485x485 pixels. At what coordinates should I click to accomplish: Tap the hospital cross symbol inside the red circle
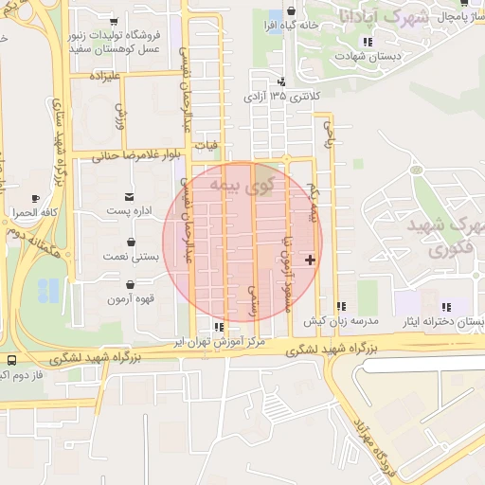click(310, 259)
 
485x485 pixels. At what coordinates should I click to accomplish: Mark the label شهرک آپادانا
click(383, 17)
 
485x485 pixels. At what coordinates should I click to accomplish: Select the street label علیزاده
click(103, 74)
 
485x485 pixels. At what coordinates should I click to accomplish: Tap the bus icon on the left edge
click(10, 361)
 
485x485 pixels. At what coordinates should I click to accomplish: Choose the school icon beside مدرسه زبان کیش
click(341, 306)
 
